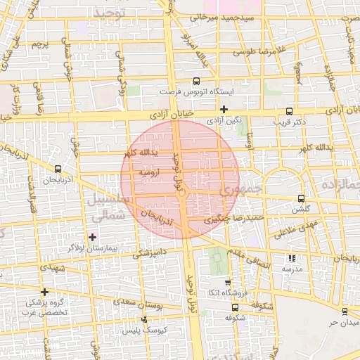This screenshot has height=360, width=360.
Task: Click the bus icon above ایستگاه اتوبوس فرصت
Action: point(195,81)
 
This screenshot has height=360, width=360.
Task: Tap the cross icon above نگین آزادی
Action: point(224,109)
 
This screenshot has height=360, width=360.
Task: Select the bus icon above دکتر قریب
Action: point(289,110)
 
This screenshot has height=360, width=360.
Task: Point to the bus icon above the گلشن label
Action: point(302,198)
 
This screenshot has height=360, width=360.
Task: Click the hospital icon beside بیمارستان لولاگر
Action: point(92,237)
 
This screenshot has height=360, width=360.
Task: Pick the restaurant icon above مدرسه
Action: point(292,258)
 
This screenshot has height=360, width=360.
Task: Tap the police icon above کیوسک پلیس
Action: point(145,319)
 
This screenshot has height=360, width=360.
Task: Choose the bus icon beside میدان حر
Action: point(344,311)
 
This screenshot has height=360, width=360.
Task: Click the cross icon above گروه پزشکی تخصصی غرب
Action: point(44,292)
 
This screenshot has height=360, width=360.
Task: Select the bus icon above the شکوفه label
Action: point(235,307)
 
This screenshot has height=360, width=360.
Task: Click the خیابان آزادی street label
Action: point(168,115)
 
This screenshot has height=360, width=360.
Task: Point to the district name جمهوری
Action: point(239,190)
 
